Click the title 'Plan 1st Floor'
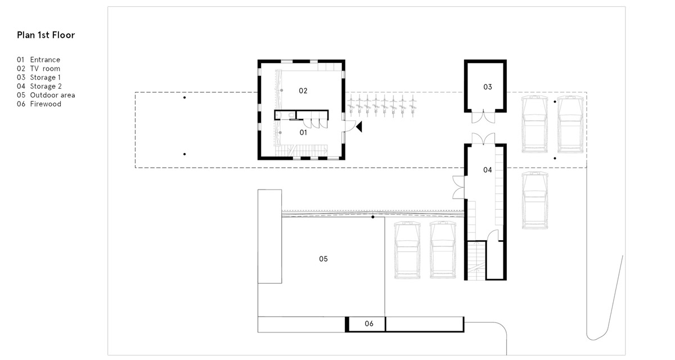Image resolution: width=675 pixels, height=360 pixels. [x=46, y=35]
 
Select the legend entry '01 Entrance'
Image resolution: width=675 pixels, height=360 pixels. [x=39, y=60]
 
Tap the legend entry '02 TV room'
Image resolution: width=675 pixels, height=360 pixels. [x=39, y=69]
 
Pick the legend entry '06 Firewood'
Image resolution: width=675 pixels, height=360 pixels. [x=39, y=104]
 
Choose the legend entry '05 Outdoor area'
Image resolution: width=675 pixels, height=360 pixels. [x=46, y=95]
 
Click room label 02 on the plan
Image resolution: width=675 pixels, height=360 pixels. [x=303, y=91]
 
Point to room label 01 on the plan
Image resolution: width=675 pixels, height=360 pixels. [x=303, y=133]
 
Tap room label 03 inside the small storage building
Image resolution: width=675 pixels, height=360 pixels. [x=488, y=87]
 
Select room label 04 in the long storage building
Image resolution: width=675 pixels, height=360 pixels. [x=488, y=170]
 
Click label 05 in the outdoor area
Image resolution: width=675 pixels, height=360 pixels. [x=323, y=259]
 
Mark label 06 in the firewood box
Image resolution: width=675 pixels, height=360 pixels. [x=369, y=323]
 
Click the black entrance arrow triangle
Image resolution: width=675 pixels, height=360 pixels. [x=359, y=127]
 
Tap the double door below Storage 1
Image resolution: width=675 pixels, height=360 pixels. [x=483, y=118]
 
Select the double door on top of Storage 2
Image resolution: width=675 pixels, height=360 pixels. [x=483, y=138]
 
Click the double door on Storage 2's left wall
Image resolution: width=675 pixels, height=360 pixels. [x=458, y=187]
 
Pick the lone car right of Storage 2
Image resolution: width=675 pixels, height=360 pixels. [x=534, y=200]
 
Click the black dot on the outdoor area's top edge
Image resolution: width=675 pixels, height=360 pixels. [x=373, y=217]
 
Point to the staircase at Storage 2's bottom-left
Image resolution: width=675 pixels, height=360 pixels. [x=476, y=260]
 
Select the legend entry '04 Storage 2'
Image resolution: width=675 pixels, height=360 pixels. [x=39, y=87]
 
